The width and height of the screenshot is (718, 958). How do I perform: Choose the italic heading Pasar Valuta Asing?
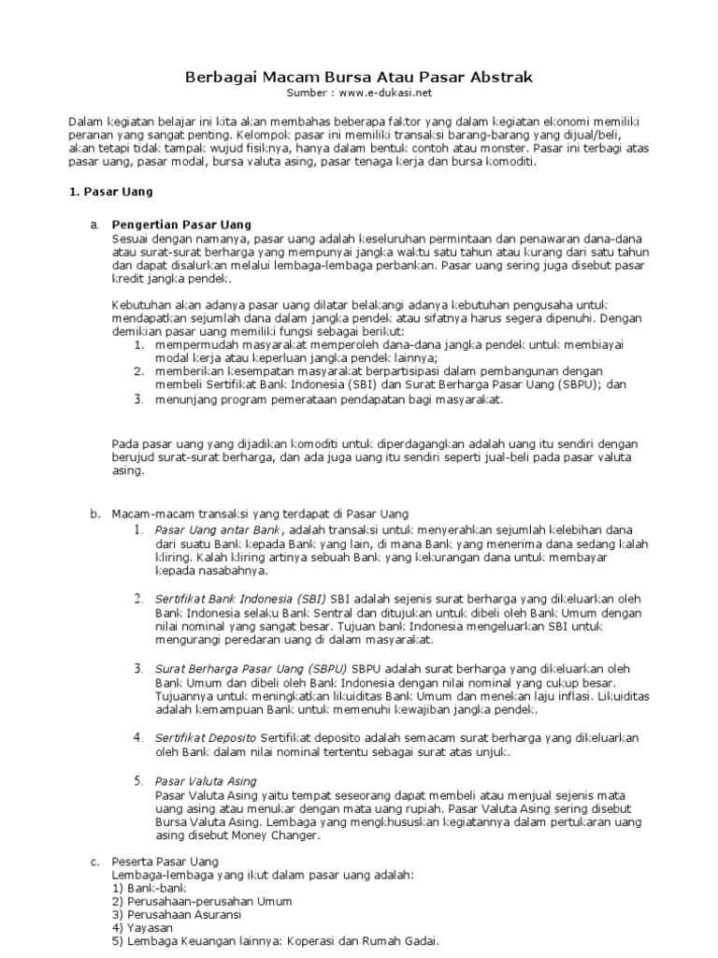[x=206, y=780]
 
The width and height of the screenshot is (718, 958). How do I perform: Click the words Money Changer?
[x=279, y=835]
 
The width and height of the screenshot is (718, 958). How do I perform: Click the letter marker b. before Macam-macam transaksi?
[x=94, y=514]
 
